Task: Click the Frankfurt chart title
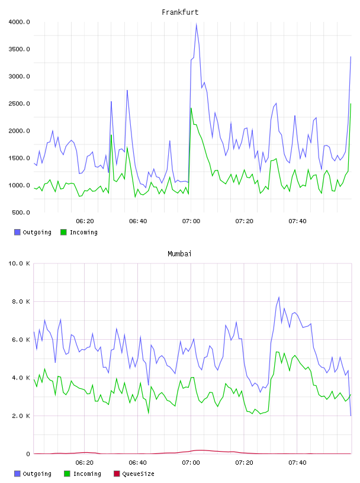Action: tap(180, 12)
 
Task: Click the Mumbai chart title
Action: tap(179, 254)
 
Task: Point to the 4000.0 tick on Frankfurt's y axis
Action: tap(19, 22)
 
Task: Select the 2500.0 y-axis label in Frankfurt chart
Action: tap(19, 104)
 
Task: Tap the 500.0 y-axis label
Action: tap(21, 212)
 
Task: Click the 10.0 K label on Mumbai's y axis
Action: tap(19, 263)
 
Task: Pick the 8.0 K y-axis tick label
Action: tap(21, 301)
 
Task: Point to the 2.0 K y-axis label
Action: tap(21, 416)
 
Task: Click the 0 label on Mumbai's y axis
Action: tap(28, 454)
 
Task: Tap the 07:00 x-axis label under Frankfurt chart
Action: tap(191, 221)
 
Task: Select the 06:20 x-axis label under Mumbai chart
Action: tap(85, 463)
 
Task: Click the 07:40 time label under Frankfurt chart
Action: tap(297, 221)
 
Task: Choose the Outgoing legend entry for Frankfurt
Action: tap(33, 232)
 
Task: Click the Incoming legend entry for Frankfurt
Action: tap(79, 232)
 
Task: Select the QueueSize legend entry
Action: tap(134, 474)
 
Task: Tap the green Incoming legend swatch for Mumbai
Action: tap(67, 474)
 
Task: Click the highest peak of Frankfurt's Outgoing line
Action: tap(197, 24)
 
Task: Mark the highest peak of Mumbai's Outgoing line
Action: tap(279, 297)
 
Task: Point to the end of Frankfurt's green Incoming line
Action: tap(351, 104)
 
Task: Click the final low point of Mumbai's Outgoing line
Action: tap(351, 416)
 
